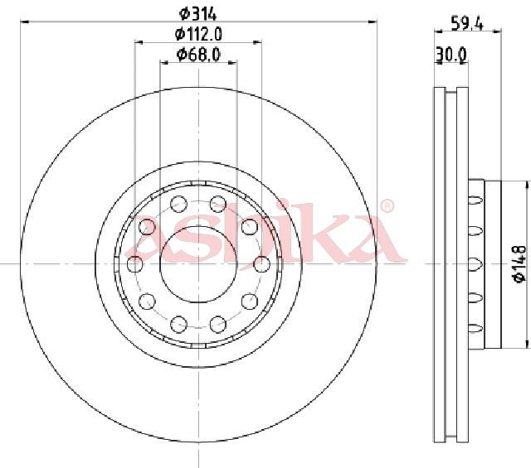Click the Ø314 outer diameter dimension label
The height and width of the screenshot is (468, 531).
(x=197, y=14)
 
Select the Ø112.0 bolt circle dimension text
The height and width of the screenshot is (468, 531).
(x=198, y=34)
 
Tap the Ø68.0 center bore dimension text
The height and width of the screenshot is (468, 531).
(x=198, y=55)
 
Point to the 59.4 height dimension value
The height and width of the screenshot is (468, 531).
(x=467, y=24)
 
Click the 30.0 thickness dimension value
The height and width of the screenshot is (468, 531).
(x=451, y=55)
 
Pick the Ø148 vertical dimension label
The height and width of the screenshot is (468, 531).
(x=519, y=263)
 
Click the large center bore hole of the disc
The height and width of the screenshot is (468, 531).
(x=198, y=263)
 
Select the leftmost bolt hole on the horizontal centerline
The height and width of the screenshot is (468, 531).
(x=134, y=263)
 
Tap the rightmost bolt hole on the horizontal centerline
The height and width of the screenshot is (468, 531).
(x=262, y=263)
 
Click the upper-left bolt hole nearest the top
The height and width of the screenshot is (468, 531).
(x=178, y=204)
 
